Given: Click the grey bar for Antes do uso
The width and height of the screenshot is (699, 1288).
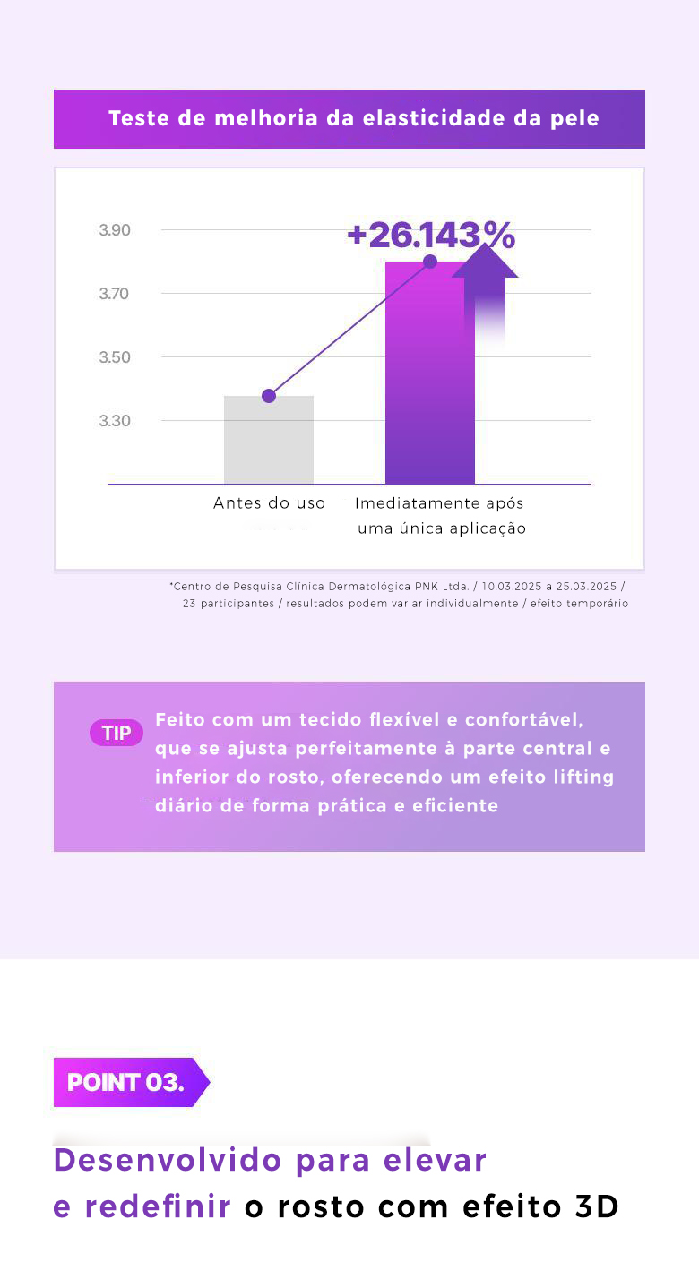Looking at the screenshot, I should (x=269, y=443).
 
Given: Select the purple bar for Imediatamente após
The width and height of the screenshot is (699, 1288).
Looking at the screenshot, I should (x=430, y=385).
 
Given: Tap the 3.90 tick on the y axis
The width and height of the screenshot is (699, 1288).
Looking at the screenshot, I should (x=115, y=230).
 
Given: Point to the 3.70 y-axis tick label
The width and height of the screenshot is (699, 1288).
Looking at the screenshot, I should (x=115, y=294).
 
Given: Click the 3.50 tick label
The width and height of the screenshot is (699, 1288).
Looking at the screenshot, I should (x=115, y=357).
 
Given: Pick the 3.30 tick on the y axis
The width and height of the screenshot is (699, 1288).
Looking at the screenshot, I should (x=115, y=421).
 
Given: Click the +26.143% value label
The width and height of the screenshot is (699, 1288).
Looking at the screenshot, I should (x=431, y=235).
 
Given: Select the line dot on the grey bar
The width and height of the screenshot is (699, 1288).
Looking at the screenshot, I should (x=269, y=396).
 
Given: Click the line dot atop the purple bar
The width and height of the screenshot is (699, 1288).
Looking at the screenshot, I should (x=430, y=262).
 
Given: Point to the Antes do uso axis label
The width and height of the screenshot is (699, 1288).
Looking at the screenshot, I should (x=269, y=503).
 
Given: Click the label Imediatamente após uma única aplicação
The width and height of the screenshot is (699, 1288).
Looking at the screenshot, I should (x=441, y=516).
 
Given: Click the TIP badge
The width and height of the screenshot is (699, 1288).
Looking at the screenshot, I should (x=116, y=734).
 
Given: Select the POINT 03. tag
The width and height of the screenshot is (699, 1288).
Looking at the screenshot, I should (x=125, y=1082).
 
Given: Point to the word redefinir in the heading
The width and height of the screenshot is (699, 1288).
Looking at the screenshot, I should (x=158, y=1207).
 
